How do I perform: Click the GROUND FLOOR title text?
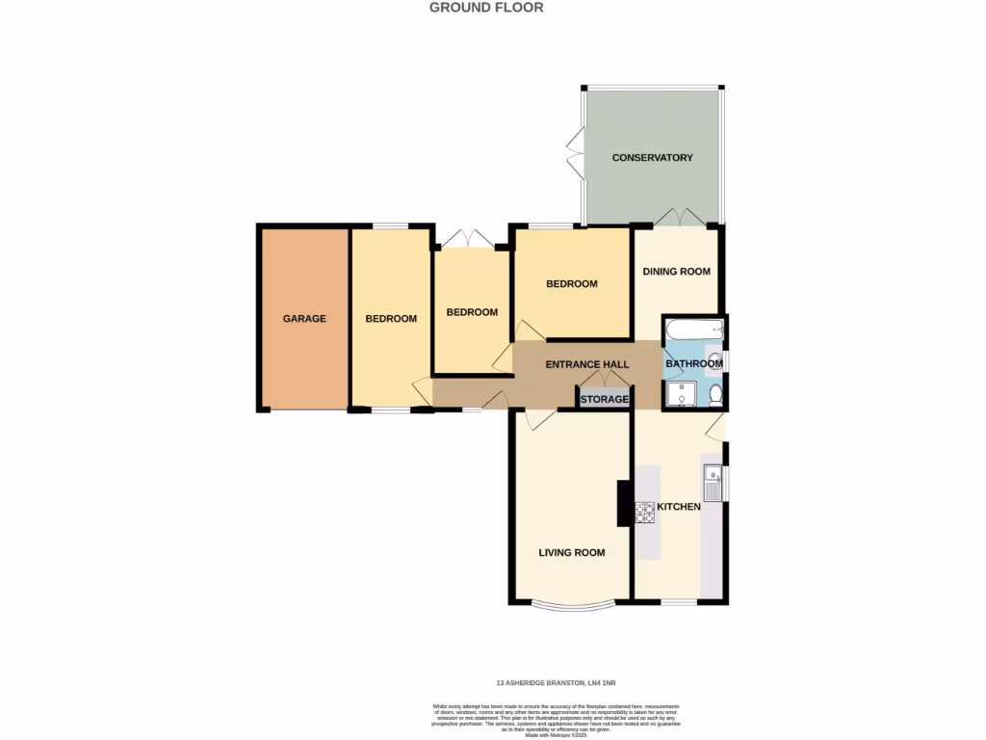tap(486, 8)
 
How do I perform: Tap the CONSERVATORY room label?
tap(652, 158)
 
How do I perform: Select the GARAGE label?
tap(303, 319)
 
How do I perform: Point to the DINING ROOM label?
tap(677, 272)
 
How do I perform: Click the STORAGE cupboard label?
tap(604, 399)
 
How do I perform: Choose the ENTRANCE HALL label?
tap(586, 365)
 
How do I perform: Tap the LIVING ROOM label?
tap(571, 553)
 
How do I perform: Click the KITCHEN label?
tap(679, 507)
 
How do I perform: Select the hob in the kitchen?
tap(644, 513)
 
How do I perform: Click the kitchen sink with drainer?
tap(713, 483)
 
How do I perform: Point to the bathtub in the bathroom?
tap(691, 330)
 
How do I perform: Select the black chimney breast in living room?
tap(623, 504)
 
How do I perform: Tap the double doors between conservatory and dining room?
tap(679, 218)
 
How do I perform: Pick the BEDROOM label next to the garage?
tap(390, 319)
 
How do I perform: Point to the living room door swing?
tap(539, 420)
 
